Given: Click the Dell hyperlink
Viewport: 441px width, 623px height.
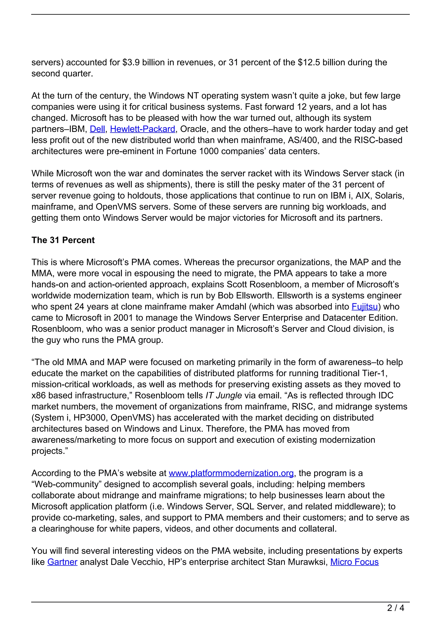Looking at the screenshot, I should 97,129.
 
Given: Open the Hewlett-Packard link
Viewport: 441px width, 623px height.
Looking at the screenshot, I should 142,129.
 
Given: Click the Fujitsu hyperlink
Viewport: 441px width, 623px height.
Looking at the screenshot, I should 364,307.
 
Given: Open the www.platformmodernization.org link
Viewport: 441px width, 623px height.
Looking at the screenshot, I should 231,473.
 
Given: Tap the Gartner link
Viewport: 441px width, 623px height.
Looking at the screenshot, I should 62,562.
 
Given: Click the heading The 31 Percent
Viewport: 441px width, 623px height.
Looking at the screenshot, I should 63,240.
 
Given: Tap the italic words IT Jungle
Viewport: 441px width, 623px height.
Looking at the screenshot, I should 224,396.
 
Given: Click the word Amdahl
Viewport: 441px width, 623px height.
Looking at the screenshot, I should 231,307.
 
